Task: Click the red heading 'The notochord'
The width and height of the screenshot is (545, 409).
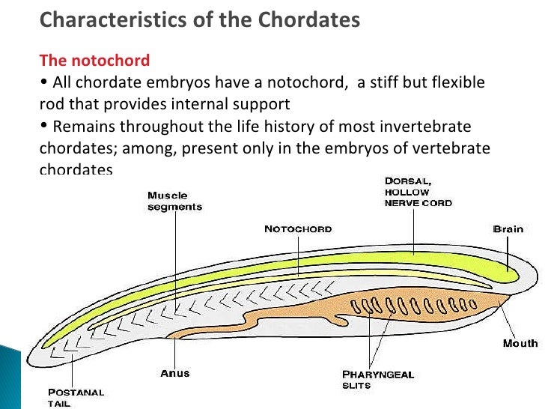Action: point(94,60)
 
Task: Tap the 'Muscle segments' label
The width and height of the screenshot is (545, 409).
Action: point(174,202)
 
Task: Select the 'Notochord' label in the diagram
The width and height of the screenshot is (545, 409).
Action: point(297,228)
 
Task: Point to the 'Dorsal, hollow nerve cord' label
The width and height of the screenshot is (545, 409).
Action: point(418,192)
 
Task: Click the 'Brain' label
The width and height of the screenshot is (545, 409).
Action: point(508,228)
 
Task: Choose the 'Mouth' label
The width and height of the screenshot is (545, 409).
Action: point(520,343)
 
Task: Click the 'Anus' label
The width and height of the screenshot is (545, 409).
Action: point(175,372)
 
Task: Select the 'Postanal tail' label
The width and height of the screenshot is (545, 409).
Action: point(76,396)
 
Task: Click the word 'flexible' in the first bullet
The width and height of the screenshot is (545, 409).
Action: point(458,82)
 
